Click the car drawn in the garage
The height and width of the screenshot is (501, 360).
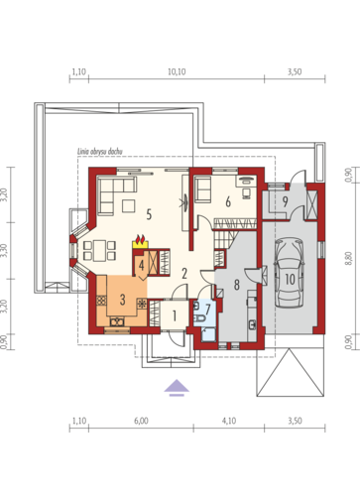(x=289, y=273)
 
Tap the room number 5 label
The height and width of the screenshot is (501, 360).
(x=149, y=214)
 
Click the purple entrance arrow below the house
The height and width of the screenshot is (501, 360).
(x=177, y=388)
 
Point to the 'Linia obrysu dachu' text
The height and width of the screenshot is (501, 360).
(x=100, y=152)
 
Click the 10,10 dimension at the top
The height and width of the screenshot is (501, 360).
(x=177, y=71)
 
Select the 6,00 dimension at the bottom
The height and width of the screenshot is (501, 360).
(x=141, y=421)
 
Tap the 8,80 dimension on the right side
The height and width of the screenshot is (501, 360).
(x=348, y=258)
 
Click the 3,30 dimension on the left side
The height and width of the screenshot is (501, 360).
(x=4, y=250)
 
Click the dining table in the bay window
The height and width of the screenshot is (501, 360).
(x=99, y=251)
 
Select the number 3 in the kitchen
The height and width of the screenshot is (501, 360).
(x=123, y=300)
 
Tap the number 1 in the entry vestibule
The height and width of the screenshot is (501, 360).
(x=175, y=315)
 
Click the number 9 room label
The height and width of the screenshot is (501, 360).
(x=286, y=201)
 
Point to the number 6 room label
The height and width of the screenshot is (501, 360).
(x=228, y=201)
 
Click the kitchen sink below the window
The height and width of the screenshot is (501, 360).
(x=118, y=321)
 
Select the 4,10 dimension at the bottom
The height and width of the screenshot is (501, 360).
(x=229, y=421)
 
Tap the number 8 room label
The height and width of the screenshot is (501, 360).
(x=237, y=285)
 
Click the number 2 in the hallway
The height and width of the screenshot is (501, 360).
(x=184, y=274)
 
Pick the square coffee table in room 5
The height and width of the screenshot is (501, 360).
(x=128, y=205)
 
